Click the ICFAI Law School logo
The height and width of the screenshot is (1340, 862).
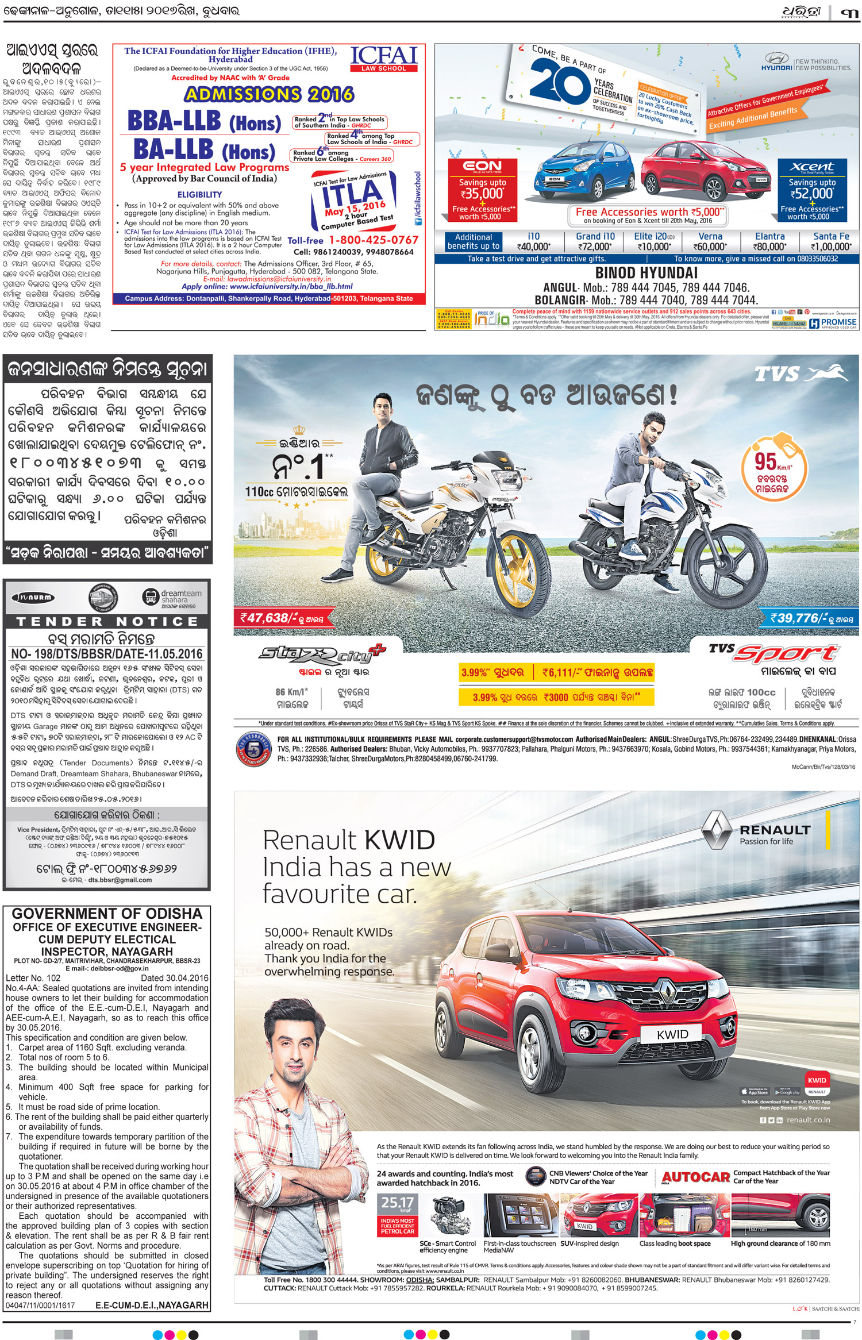pyautogui.click(x=383, y=59)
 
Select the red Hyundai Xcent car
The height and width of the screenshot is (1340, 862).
pyautogui.click(x=707, y=172)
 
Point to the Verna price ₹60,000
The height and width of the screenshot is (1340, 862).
pyautogui.click(x=710, y=247)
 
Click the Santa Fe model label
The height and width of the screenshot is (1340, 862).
pyautogui.click(x=831, y=236)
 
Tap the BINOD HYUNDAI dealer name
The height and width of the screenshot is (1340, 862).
pyautogui.click(x=646, y=273)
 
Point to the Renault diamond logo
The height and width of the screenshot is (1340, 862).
pyautogui.click(x=717, y=830)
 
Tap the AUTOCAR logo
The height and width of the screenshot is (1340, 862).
pyautogui.click(x=696, y=1177)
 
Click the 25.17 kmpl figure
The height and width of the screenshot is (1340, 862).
pyautogui.click(x=397, y=1202)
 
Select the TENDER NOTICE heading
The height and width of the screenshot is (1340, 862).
pyautogui.click(x=107, y=622)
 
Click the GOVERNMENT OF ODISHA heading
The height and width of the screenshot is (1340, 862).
pyautogui.click(x=107, y=914)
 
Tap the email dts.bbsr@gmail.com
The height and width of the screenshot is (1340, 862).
pyautogui.click(x=120, y=880)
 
